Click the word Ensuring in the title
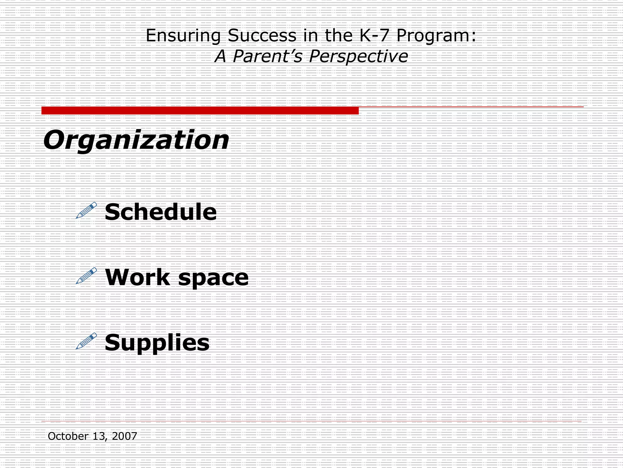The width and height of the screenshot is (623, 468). [x=183, y=36]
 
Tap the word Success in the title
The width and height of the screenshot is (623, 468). [x=262, y=35]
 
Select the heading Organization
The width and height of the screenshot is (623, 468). [x=136, y=140]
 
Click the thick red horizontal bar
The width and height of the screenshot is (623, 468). [x=200, y=111]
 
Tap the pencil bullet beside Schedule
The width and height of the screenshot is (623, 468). [x=86, y=210]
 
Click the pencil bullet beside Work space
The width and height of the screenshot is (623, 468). [x=86, y=275]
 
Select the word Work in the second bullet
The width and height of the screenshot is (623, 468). [x=137, y=277]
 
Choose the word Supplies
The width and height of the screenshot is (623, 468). [x=157, y=343]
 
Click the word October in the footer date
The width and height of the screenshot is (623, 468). [x=68, y=436]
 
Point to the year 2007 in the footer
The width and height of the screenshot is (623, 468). [x=124, y=436]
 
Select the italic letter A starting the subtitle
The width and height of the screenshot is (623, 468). [x=221, y=56]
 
